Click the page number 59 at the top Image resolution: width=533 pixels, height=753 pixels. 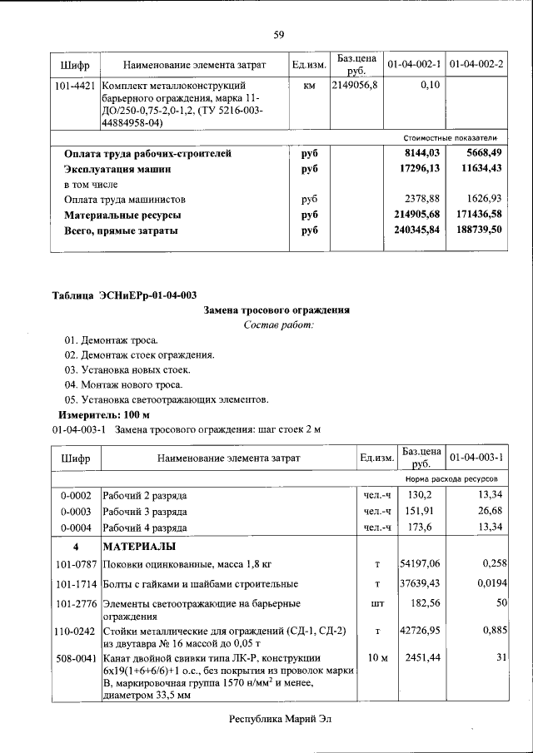[x=278, y=34]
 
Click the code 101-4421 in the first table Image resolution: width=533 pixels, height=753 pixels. [x=75, y=85]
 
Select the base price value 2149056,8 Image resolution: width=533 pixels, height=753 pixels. [x=356, y=85]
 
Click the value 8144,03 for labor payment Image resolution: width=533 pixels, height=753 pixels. [x=421, y=154]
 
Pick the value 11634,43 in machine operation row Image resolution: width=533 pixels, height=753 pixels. [x=476, y=169]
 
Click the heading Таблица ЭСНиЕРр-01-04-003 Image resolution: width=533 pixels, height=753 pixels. [x=124, y=295]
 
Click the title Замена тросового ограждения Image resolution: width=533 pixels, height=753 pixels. [x=277, y=310]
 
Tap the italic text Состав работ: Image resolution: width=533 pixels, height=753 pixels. [x=278, y=324]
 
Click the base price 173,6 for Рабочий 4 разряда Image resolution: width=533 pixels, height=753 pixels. [x=421, y=528]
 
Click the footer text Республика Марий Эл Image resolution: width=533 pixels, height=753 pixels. [x=278, y=716]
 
